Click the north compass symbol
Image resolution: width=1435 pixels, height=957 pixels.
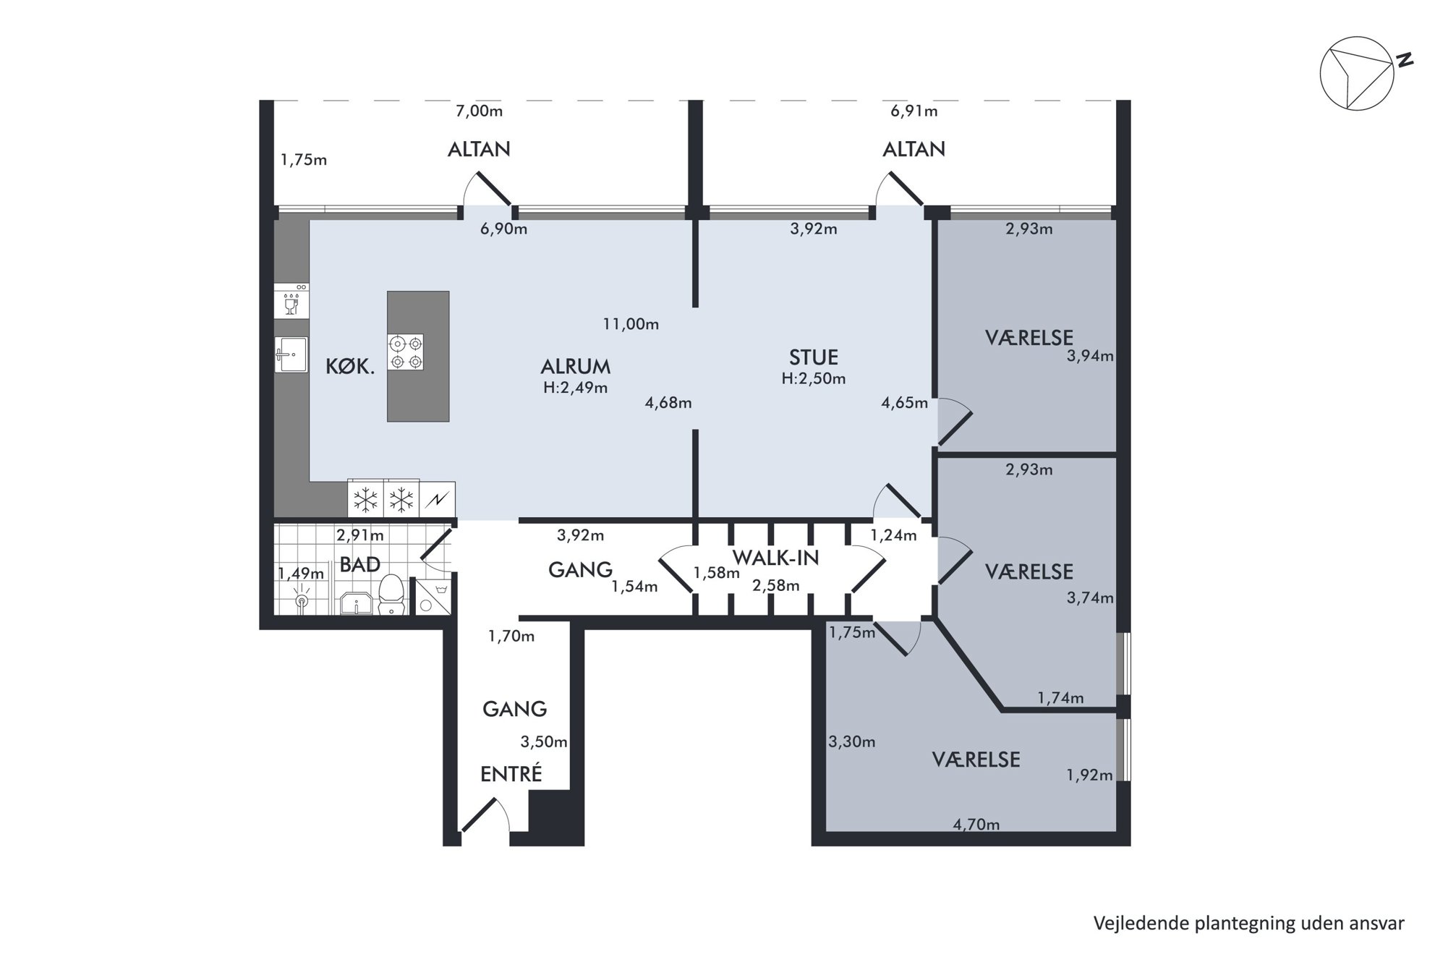point(1357,74)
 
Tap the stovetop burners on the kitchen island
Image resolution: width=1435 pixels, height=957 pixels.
point(406,352)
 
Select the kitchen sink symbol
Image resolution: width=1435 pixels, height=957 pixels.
point(291,354)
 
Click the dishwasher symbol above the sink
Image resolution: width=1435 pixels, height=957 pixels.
point(291,301)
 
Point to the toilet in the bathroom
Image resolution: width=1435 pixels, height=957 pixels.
point(391,595)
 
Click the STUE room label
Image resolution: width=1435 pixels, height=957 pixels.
point(814,357)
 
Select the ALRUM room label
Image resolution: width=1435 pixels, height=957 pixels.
point(576,366)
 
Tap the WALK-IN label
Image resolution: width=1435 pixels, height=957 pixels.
point(776,558)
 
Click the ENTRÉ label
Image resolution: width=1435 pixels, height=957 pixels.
point(511,773)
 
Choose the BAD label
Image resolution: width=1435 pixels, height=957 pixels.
point(360,565)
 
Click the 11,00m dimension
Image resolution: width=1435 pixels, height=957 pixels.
point(631,324)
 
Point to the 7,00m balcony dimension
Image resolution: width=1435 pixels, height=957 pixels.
point(479,111)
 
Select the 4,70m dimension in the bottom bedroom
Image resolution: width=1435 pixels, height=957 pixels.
point(976,824)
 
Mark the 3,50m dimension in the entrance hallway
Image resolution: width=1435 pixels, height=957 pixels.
point(544,741)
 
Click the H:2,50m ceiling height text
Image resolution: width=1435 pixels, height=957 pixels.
point(814,378)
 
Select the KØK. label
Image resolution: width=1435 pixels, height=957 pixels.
point(350,367)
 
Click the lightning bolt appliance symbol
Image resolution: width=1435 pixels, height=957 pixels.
point(438,499)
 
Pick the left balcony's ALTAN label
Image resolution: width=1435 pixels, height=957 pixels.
point(479,149)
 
